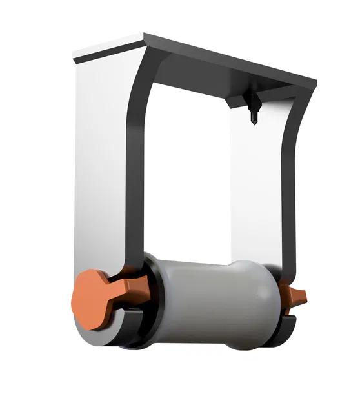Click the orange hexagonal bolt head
90,297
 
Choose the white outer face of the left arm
100,161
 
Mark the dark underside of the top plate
213,77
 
